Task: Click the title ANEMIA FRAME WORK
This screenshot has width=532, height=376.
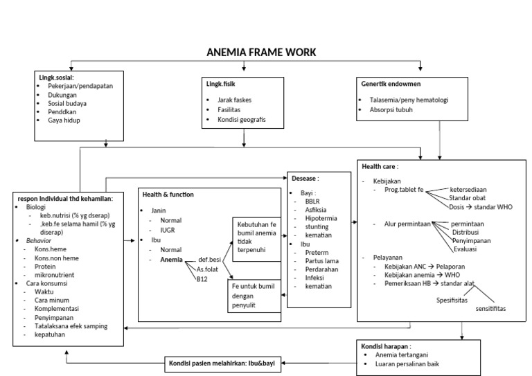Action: click(x=261, y=52)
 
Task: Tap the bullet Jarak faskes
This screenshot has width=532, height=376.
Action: click(x=233, y=100)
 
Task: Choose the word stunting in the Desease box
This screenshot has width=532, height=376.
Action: click(x=317, y=226)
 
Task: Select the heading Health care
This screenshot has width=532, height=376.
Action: click(x=380, y=167)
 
